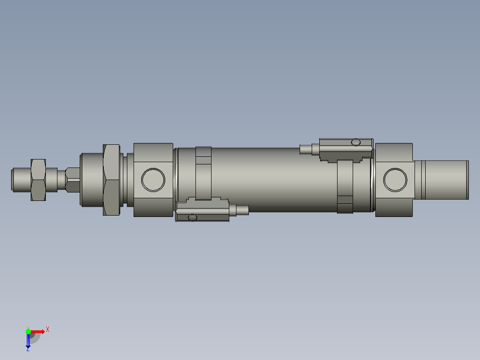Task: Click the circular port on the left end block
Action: (x=153, y=180)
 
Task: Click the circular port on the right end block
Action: (x=395, y=180)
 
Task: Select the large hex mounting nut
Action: (x=111, y=180)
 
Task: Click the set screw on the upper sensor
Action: (x=355, y=142)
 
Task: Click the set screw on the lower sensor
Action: (x=192, y=217)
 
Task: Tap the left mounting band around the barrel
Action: (x=203, y=176)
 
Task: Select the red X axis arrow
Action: (x=38, y=331)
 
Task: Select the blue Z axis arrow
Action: (x=28, y=341)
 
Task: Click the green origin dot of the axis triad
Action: (x=28, y=331)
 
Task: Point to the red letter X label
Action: (x=48, y=329)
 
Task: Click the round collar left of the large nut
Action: (x=91, y=180)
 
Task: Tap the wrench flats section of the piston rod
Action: (x=72, y=180)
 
